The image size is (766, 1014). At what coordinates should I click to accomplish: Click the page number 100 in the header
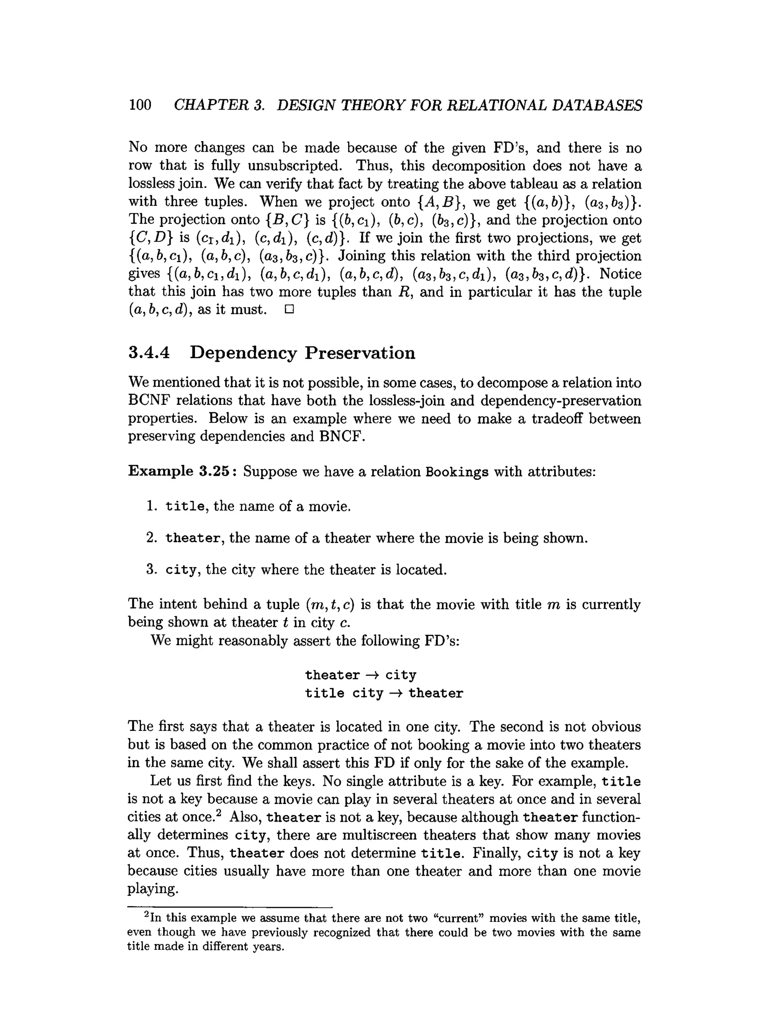point(140,105)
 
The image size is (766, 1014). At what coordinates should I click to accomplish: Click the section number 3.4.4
point(148,353)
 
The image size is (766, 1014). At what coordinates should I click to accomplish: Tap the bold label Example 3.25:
point(182,471)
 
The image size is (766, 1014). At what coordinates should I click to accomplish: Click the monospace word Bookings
point(457,472)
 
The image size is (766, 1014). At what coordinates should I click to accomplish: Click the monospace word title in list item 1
point(185,506)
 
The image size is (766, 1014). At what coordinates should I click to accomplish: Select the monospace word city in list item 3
point(181,570)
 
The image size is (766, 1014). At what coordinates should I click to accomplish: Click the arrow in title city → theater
point(395,693)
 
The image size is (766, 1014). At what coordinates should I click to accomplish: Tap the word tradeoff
point(555,419)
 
